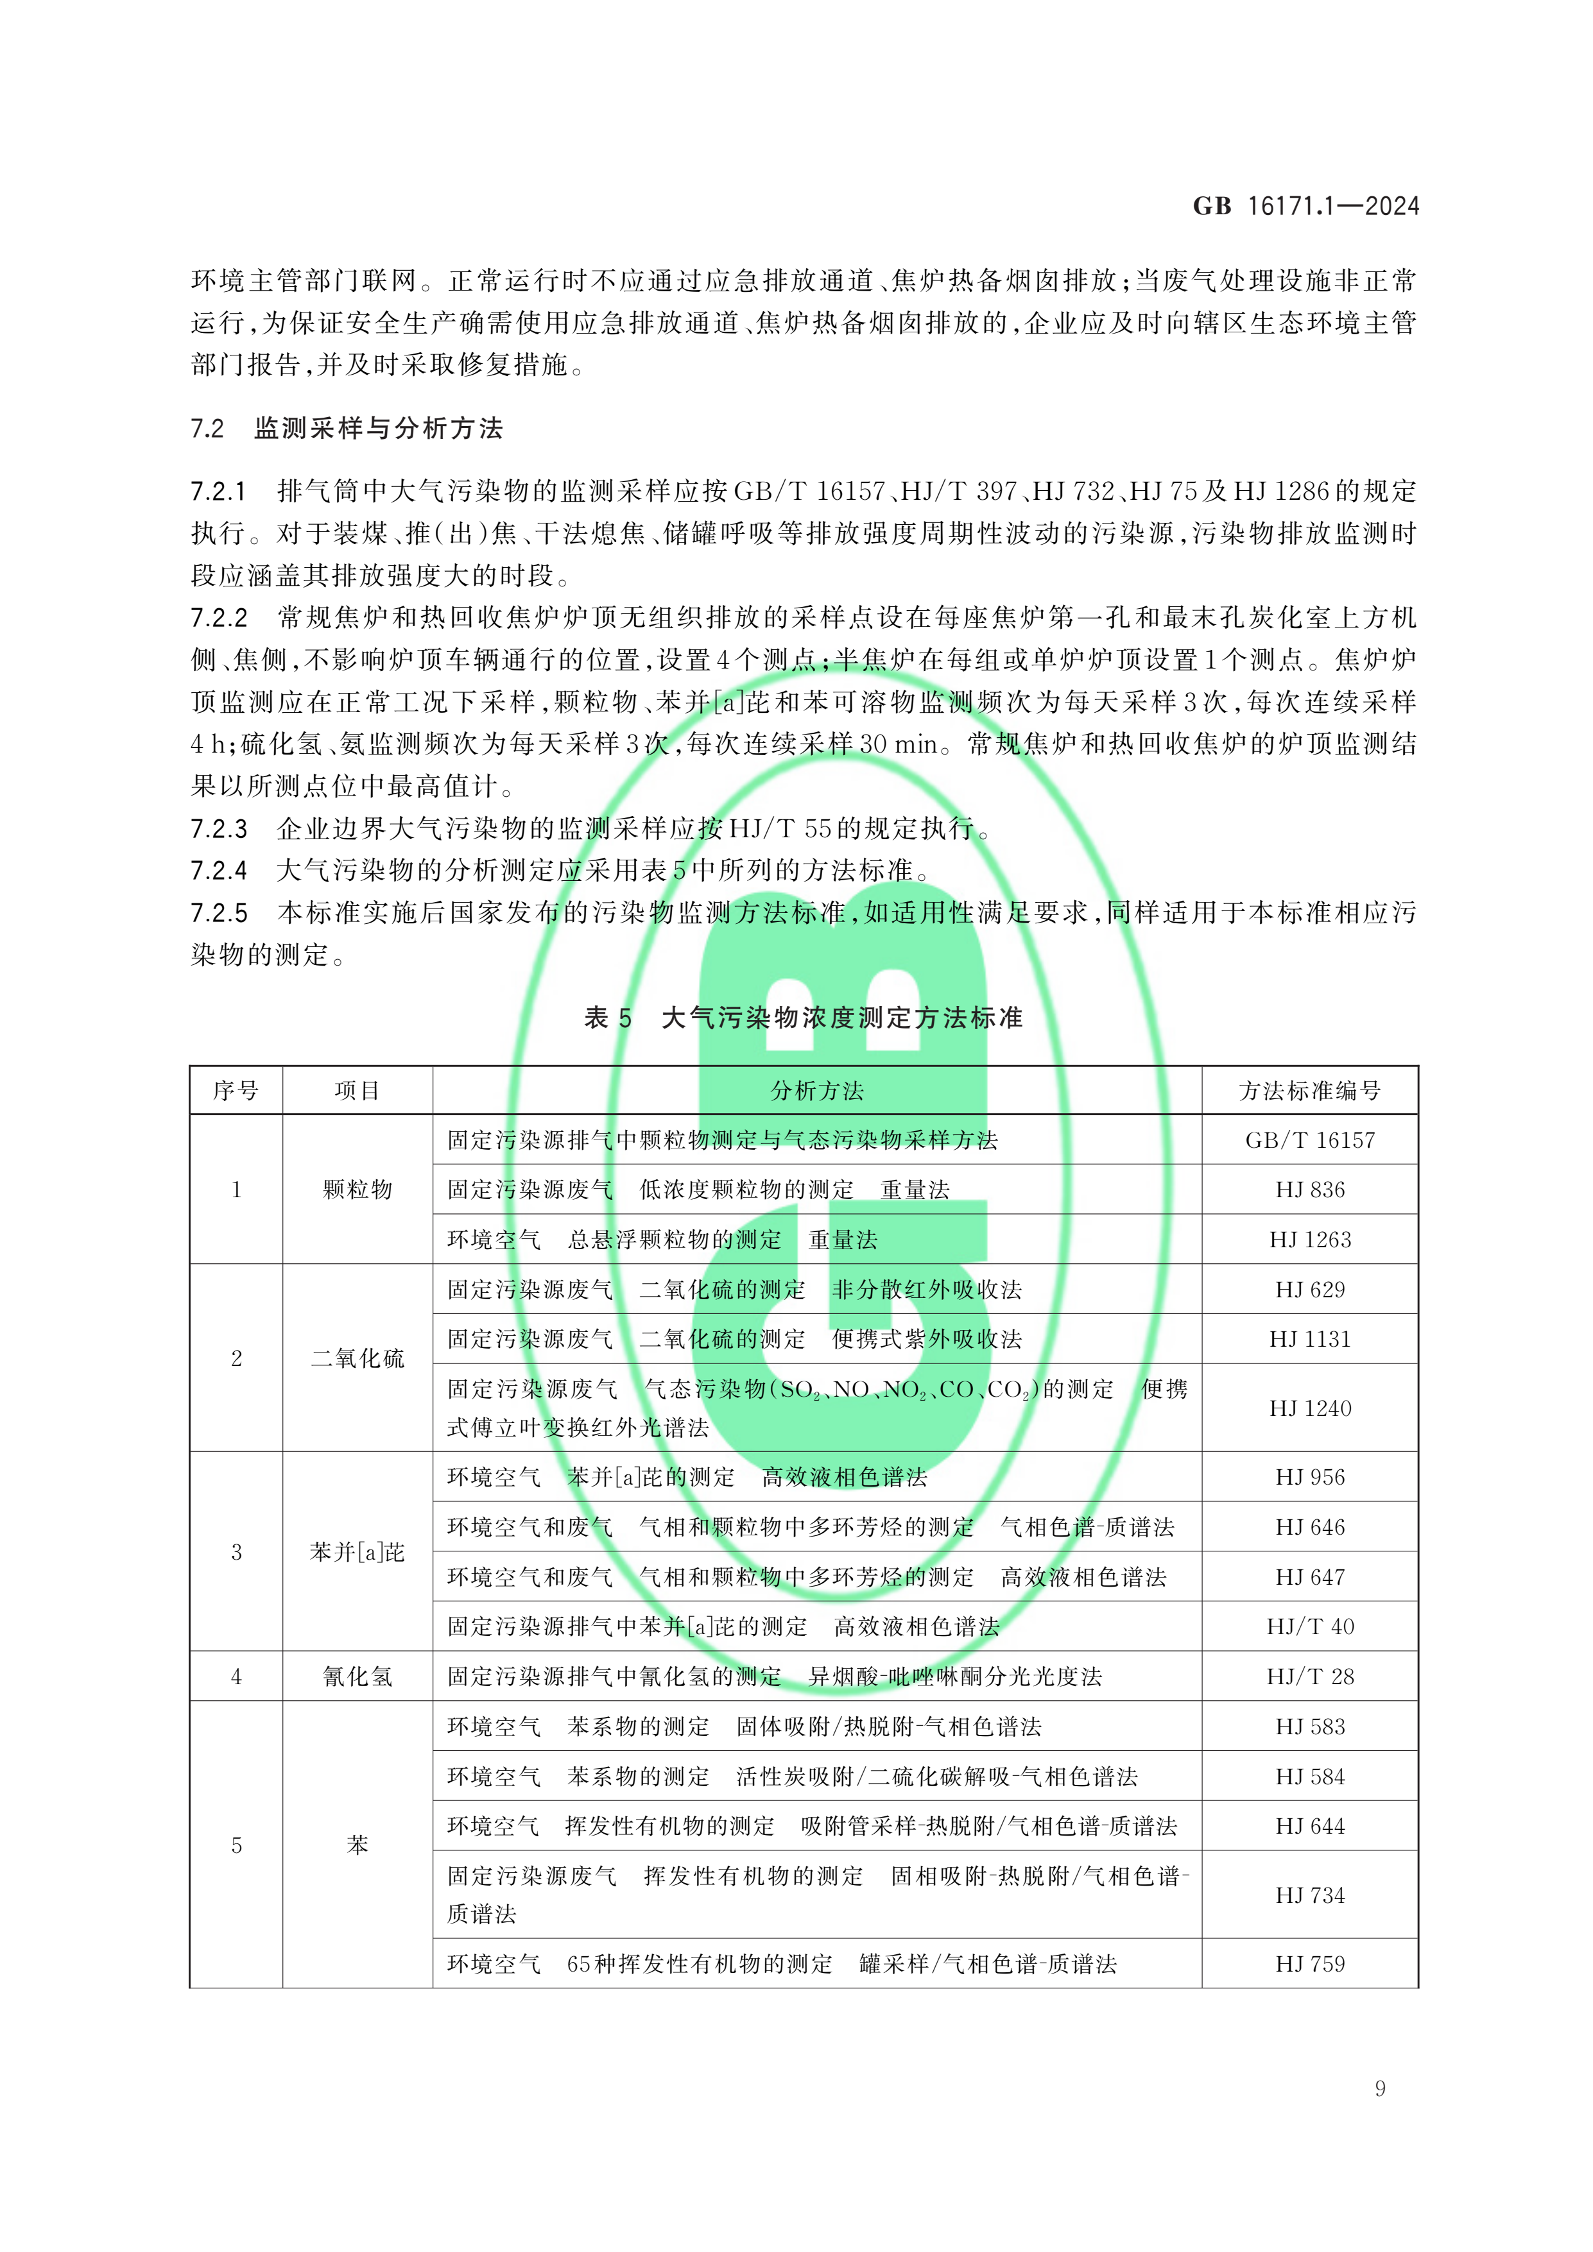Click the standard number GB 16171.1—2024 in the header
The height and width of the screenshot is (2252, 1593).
pos(1305,206)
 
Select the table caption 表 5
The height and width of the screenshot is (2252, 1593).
pos(608,1018)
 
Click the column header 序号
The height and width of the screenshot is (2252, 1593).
pos(236,1091)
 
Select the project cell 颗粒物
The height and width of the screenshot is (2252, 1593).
pos(357,1190)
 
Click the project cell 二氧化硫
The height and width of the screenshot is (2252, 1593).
pos(357,1358)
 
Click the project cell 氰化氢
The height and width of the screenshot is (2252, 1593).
pos(357,1677)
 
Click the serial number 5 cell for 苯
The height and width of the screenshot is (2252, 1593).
pos(236,1845)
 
